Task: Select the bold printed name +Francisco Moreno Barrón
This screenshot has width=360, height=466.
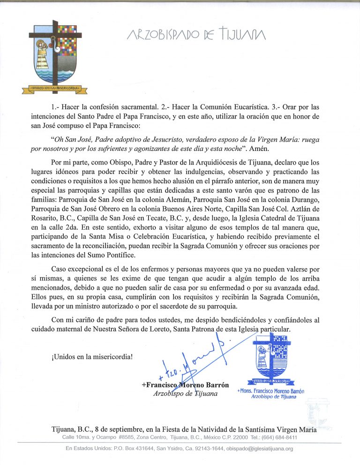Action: (185, 385)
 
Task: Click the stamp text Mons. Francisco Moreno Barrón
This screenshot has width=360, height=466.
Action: (272, 391)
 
